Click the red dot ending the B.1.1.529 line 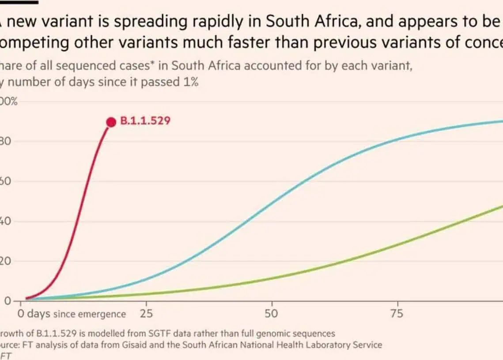(x=111, y=122)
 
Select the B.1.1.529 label (x=145, y=121)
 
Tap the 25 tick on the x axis (x=146, y=314)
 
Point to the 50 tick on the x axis (x=272, y=314)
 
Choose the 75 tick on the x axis (x=397, y=314)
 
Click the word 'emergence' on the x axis (x=102, y=315)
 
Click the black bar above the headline (x=19, y=2)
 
